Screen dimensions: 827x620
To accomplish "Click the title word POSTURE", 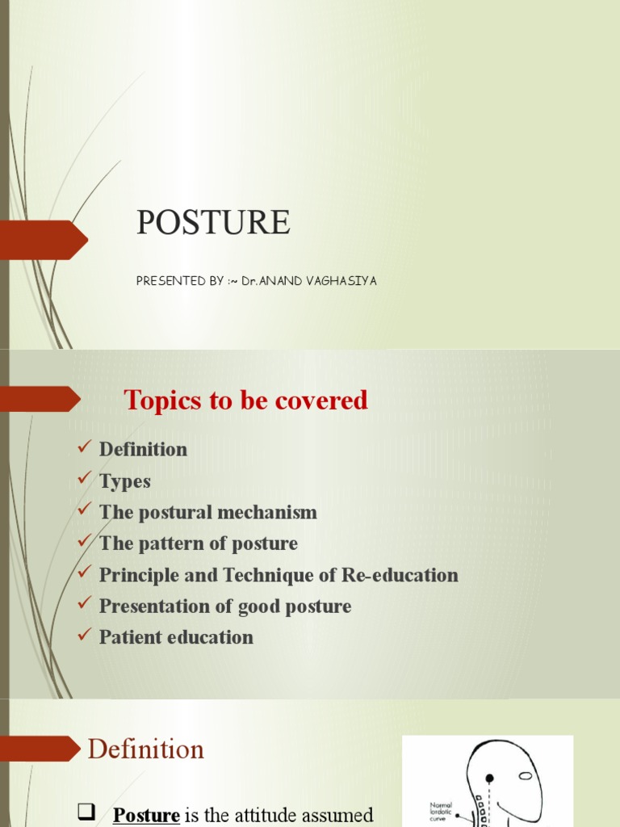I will (213, 222).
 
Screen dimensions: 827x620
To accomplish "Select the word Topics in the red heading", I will (161, 400).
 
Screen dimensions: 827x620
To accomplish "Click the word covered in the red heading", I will (326, 400).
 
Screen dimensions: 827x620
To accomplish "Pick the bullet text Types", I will (125, 481).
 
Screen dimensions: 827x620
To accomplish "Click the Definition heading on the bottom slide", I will (146, 749).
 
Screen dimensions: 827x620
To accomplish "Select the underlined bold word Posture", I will (146, 815).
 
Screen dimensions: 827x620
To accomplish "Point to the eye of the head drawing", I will (526, 775).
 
